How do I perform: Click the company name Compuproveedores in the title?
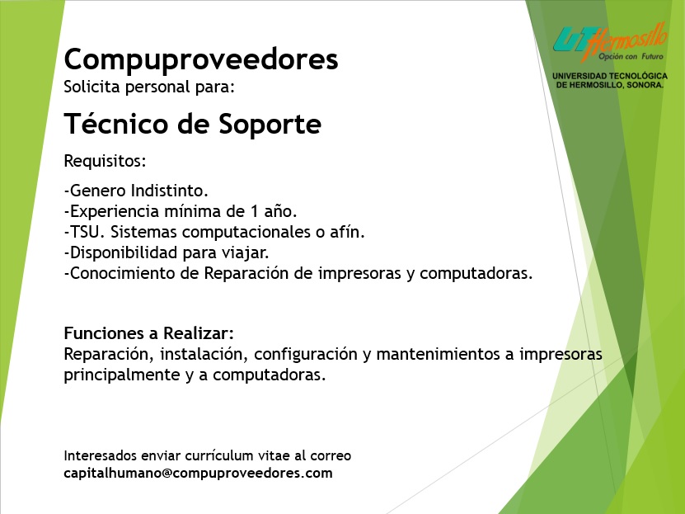(201, 60)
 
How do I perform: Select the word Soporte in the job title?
(270, 124)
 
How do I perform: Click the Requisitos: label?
(105, 161)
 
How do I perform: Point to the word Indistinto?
(170, 191)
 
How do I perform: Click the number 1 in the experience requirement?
(255, 211)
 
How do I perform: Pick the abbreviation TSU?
(85, 232)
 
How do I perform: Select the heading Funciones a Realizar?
(149, 333)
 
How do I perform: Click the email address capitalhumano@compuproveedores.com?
(199, 473)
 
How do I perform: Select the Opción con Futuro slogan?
(631, 56)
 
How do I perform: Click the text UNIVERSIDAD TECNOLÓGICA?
(610, 76)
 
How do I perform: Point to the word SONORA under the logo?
(645, 85)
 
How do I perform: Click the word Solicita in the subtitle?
(91, 87)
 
